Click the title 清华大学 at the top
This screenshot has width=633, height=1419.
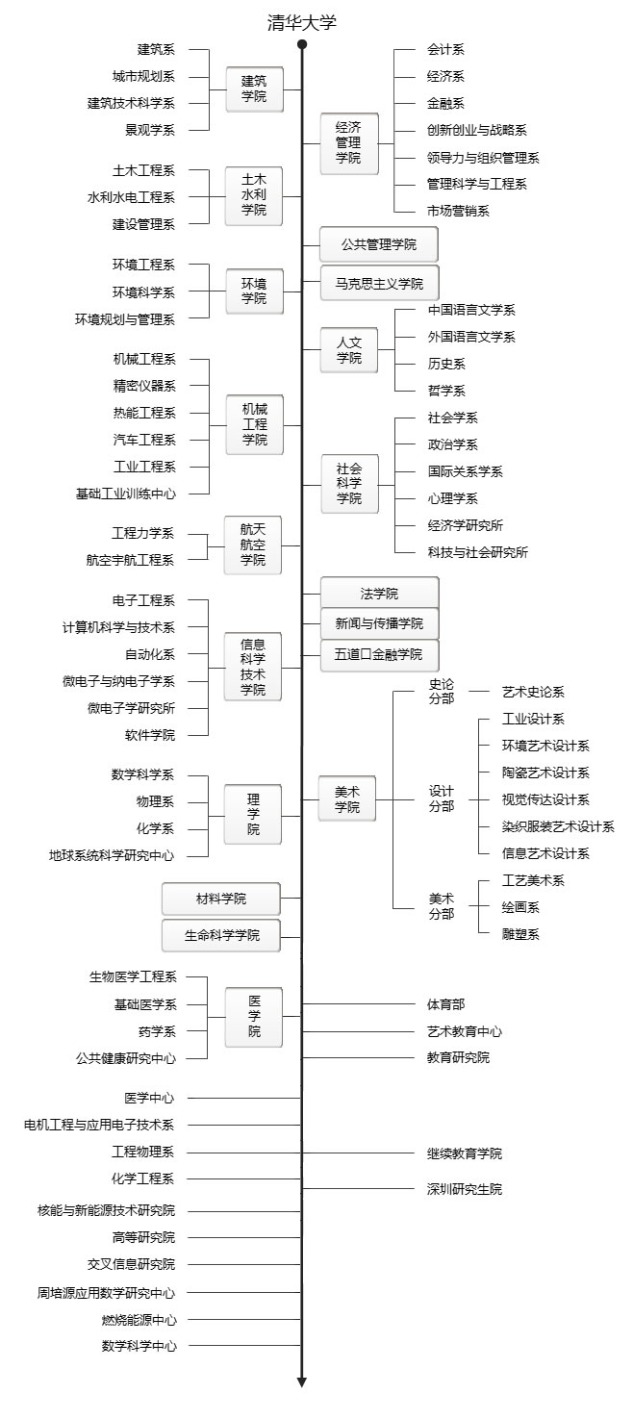[302, 23]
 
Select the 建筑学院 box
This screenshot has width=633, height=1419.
[254, 89]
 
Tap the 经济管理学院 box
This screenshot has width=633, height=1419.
[348, 143]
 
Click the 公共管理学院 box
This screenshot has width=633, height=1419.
[379, 244]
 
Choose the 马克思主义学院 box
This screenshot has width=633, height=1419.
[379, 284]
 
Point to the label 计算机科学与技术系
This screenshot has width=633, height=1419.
[118, 627]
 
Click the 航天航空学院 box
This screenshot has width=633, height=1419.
[253, 545]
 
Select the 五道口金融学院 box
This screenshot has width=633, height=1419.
[379, 654]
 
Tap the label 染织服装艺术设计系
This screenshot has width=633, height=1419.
[558, 826]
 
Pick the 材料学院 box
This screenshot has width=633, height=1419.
[221, 899]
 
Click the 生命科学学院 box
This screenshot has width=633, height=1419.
[221, 935]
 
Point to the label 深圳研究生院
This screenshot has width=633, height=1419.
[465, 1189]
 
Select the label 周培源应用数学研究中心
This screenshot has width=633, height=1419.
[107, 1292]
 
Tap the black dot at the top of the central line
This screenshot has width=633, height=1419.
[302, 44]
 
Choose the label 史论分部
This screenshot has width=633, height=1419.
[442, 691]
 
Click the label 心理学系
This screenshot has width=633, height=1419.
[452, 498]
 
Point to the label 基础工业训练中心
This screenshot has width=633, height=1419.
[126, 494]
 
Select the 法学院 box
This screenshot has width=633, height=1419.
[379, 593]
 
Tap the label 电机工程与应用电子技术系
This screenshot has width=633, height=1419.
[99, 1125]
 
